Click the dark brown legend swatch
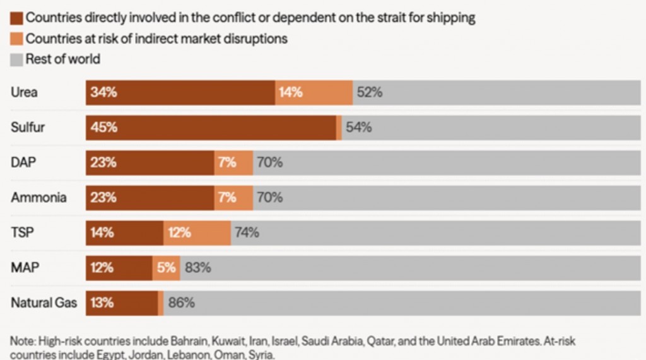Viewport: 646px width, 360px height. click(16, 18)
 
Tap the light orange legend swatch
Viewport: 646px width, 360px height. click(16, 38)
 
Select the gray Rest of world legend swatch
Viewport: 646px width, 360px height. click(16, 60)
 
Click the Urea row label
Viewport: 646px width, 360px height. click(24, 92)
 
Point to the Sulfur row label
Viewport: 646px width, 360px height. click(28, 127)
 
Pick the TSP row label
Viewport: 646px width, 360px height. click(22, 232)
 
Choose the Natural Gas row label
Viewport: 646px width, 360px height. click(44, 303)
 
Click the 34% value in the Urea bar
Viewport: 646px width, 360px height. click(103, 92)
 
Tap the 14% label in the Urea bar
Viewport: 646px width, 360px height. click(290, 92)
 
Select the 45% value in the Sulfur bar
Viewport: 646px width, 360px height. click(103, 127)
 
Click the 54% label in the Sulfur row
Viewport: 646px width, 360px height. click(358, 127)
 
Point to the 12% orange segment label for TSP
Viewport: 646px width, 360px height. click(179, 233)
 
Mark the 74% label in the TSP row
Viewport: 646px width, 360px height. click(247, 233)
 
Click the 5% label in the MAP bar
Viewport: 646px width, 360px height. click(166, 267)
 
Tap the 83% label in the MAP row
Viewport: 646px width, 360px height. click(197, 267)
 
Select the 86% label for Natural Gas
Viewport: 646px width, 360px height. click(181, 303)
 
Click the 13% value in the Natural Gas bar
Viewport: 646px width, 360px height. click(102, 303)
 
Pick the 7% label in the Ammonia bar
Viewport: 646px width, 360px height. click(227, 197)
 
